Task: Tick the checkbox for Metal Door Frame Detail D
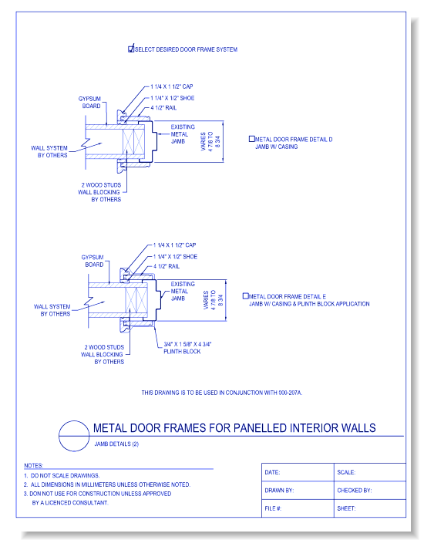click(x=251, y=139)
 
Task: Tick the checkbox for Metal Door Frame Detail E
click(x=245, y=295)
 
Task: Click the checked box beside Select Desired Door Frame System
click(x=131, y=49)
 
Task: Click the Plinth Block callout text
click(x=187, y=348)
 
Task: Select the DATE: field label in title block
click(x=272, y=472)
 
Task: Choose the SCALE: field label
click(x=346, y=472)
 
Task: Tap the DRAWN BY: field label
click(x=279, y=491)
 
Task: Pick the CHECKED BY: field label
click(x=355, y=491)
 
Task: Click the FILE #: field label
click(x=273, y=508)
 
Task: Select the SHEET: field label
click(x=346, y=508)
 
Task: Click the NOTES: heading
click(x=33, y=466)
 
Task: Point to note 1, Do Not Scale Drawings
click(x=62, y=476)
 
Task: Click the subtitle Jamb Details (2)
click(x=116, y=444)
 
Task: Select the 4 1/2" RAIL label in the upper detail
click(x=163, y=108)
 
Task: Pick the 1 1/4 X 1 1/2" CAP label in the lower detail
click(x=174, y=245)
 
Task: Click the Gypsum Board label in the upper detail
click(x=90, y=103)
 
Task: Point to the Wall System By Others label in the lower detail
click(x=52, y=310)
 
